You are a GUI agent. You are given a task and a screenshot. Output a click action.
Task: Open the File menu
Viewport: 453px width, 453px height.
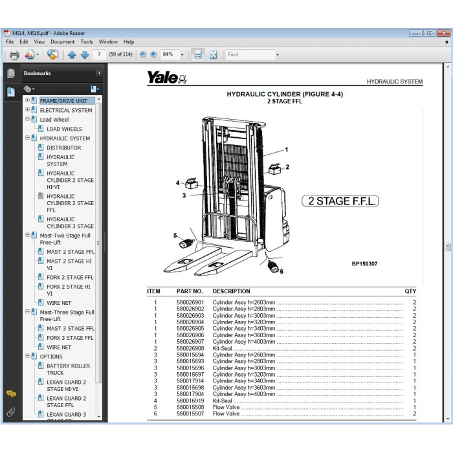click(x=10, y=42)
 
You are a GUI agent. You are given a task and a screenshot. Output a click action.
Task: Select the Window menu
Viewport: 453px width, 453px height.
click(x=108, y=42)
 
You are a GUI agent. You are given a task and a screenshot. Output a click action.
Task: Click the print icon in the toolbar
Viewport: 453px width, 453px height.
click(x=14, y=55)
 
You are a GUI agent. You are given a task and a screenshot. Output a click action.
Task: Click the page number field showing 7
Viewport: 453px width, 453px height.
click(x=100, y=55)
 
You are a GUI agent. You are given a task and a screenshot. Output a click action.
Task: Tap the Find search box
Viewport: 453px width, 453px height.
click(x=250, y=55)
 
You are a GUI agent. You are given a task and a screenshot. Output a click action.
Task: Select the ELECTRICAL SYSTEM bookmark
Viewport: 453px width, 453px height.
click(x=65, y=111)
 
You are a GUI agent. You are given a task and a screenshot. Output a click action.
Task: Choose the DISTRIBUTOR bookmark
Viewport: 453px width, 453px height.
click(x=63, y=148)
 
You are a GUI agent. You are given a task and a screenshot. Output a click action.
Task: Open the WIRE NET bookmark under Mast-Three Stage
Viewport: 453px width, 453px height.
click(x=59, y=348)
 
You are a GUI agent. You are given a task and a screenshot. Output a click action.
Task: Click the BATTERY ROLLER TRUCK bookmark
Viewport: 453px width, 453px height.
click(x=68, y=370)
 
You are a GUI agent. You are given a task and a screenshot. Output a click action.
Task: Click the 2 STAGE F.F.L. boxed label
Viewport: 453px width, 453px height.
click(x=340, y=201)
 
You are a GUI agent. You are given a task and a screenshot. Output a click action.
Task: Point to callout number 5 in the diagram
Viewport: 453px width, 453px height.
click(x=174, y=236)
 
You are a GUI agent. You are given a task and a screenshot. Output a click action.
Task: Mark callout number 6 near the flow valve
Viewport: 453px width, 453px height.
click(x=282, y=271)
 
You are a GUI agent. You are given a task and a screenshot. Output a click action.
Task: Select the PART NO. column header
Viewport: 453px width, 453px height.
click(x=190, y=291)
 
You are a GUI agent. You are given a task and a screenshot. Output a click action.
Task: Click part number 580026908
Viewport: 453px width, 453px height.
click(x=190, y=348)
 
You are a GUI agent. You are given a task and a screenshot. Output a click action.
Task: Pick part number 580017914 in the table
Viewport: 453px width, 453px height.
click(x=190, y=382)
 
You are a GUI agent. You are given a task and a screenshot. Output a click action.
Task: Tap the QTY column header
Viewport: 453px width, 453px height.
click(x=410, y=291)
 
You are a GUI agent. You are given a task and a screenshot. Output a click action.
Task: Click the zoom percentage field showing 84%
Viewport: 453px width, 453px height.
click(x=171, y=55)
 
